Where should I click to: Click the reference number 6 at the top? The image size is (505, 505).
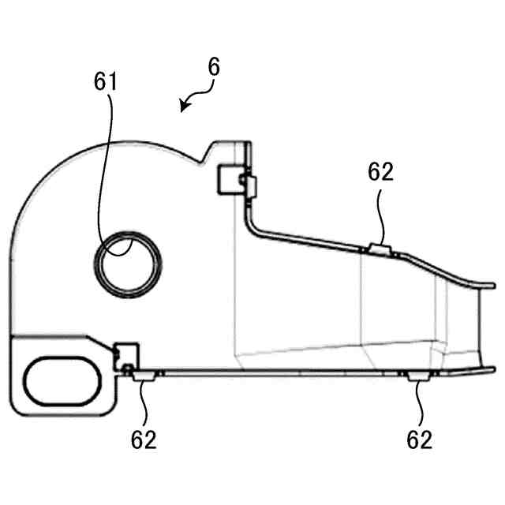click(213, 68)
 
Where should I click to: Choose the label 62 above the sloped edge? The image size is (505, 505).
click(380, 172)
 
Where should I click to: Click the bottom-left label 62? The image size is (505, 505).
click(144, 440)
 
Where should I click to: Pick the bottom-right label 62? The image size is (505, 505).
click(419, 440)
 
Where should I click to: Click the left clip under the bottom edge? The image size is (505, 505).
click(144, 378)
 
